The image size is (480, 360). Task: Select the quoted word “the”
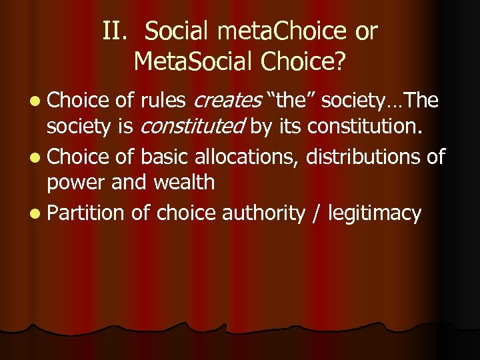click(291, 101)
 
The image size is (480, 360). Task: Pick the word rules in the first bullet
click(165, 101)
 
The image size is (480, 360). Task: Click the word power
click(77, 181)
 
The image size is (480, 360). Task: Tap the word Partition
click(85, 213)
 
